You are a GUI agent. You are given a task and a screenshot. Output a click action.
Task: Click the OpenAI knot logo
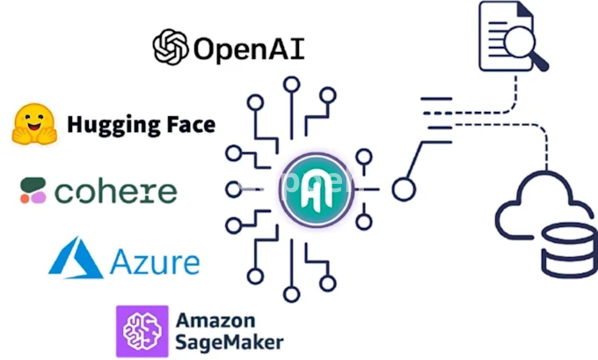tap(170, 47)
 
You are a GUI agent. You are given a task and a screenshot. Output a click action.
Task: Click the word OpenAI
tap(249, 48)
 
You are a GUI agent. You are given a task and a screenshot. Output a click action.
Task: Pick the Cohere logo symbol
tap(33, 191)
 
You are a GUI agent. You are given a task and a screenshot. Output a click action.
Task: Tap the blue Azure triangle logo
tap(76, 259)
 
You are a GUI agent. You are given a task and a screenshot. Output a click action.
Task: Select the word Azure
tap(155, 262)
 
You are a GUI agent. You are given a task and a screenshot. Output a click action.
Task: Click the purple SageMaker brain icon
tap(142, 331)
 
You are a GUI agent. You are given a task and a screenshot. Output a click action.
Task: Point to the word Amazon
tap(215, 321)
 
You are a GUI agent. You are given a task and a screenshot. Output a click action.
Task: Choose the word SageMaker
tap(229, 342)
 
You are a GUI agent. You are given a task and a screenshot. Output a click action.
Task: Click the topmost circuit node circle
tap(292, 84)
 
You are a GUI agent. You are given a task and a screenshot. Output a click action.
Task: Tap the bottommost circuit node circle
tap(292, 294)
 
